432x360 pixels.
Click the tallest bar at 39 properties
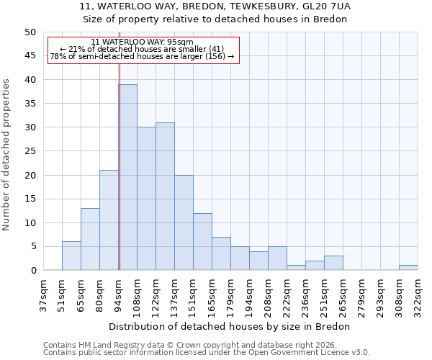pos(127,177)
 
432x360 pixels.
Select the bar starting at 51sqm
pos(71,256)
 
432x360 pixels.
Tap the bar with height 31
pos(165,197)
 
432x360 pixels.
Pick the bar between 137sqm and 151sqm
pos(184,222)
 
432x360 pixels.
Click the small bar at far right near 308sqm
pos(408,268)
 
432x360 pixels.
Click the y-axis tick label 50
pos(30,32)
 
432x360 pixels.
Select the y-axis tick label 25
pos(30,151)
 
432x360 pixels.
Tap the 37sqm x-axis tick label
pos(43,296)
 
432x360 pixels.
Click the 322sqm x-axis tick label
pos(418,296)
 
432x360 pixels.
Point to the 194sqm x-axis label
pos(249,296)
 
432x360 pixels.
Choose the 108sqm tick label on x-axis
pos(137,296)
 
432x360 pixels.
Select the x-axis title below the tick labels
pos(230,326)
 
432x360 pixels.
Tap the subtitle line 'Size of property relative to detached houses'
pos(215,19)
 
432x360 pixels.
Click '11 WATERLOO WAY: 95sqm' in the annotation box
pos(143,42)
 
